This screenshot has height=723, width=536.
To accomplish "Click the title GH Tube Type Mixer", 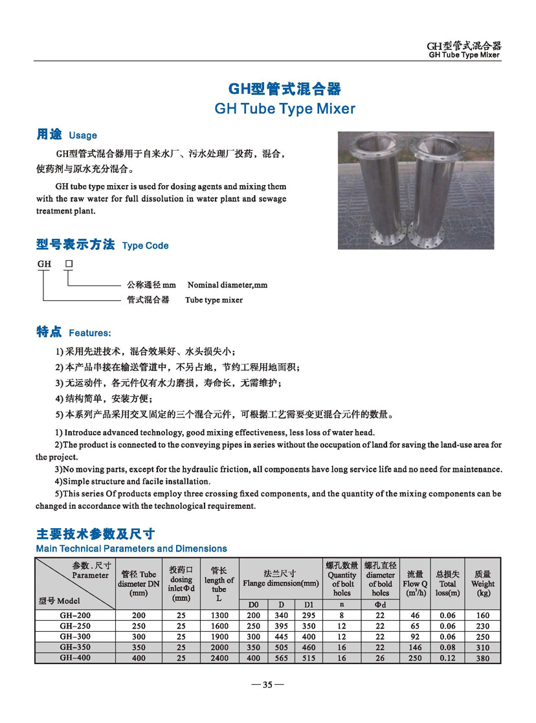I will [x=285, y=109].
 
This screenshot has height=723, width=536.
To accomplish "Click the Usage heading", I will [x=82, y=135].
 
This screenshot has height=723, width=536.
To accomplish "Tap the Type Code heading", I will [x=145, y=246].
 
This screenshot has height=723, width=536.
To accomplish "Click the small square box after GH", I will [x=69, y=264].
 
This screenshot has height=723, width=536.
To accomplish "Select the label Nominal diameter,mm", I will [x=227, y=285].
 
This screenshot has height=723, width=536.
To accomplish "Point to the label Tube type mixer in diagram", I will [x=214, y=300].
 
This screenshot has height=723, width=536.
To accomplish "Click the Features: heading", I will [x=89, y=333].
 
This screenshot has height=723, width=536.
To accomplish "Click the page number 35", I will [x=267, y=685].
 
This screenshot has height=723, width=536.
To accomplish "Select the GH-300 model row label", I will [x=75, y=637].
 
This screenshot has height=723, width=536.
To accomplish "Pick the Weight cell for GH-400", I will [x=483, y=658].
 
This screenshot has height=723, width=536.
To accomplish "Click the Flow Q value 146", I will [x=415, y=647].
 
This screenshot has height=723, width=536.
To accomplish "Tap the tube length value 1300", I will [x=219, y=616].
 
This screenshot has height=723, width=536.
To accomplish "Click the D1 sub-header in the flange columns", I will [x=308, y=605].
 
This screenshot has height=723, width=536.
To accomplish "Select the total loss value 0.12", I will [x=447, y=658].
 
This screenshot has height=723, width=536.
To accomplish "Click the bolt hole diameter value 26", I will [x=380, y=658].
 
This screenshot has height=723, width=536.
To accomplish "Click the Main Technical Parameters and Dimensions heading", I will [x=131, y=548].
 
